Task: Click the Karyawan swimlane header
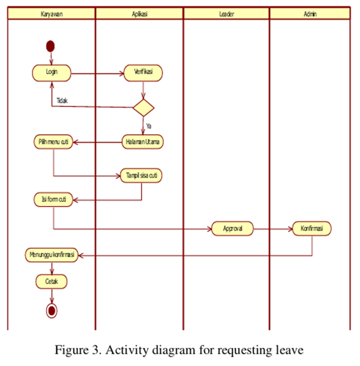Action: point(51,14)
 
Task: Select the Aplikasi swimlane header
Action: point(139,14)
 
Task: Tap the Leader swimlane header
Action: point(226,14)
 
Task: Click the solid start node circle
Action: point(50,46)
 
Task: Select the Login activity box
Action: point(52,73)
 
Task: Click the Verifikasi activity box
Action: point(143,73)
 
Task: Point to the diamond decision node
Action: point(143,107)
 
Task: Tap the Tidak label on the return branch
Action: point(62,101)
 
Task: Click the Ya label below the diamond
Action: point(149,126)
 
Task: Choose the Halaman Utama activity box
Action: point(143,142)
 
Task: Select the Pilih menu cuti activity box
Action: point(53,142)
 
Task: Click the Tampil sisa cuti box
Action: point(141,175)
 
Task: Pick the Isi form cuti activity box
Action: point(54,200)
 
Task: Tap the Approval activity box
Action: point(232,228)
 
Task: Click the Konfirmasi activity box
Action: point(312,228)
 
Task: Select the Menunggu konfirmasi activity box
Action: point(51,255)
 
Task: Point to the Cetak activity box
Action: point(51,282)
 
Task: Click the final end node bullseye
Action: point(51,311)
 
